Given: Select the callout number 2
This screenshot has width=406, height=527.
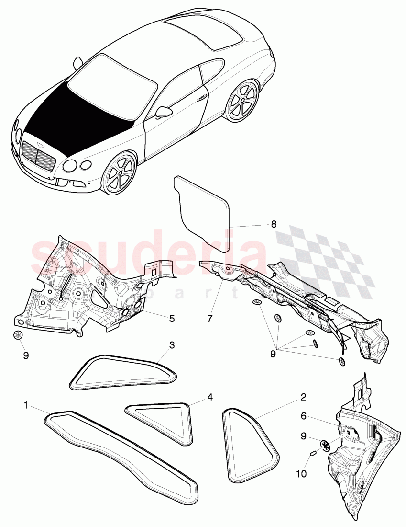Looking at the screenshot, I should coord(303,397).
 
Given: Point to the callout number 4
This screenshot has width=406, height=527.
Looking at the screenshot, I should coord(209,397).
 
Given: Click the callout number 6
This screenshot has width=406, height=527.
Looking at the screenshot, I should coord(303,417).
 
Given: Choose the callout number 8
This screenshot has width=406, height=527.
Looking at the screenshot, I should coord(273,224).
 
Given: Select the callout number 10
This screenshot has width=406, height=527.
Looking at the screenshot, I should coord(301,461).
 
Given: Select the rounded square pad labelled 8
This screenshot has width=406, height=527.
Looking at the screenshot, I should coord(201,211).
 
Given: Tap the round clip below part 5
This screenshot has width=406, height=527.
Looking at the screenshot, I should coord(18,335).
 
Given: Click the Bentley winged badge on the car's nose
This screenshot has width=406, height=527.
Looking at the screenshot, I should coord(38,144).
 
